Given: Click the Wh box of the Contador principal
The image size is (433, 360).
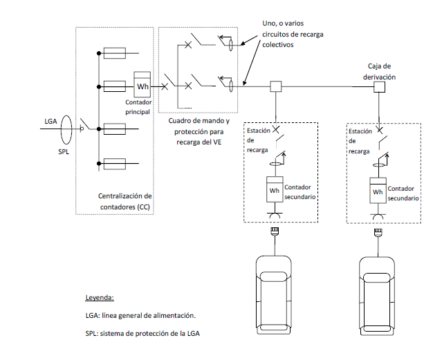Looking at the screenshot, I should tap(142, 86).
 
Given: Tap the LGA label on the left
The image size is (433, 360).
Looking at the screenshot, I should tap(50, 121).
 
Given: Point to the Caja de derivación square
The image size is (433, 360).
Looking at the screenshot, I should tap(379, 87).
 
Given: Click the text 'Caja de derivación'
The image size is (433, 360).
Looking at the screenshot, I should tap(379, 73).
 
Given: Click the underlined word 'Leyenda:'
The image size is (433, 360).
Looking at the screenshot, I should tap(99, 298).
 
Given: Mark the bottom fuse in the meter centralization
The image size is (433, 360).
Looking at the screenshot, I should tap(113, 164).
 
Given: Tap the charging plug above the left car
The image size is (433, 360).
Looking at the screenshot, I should tap(275, 235).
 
